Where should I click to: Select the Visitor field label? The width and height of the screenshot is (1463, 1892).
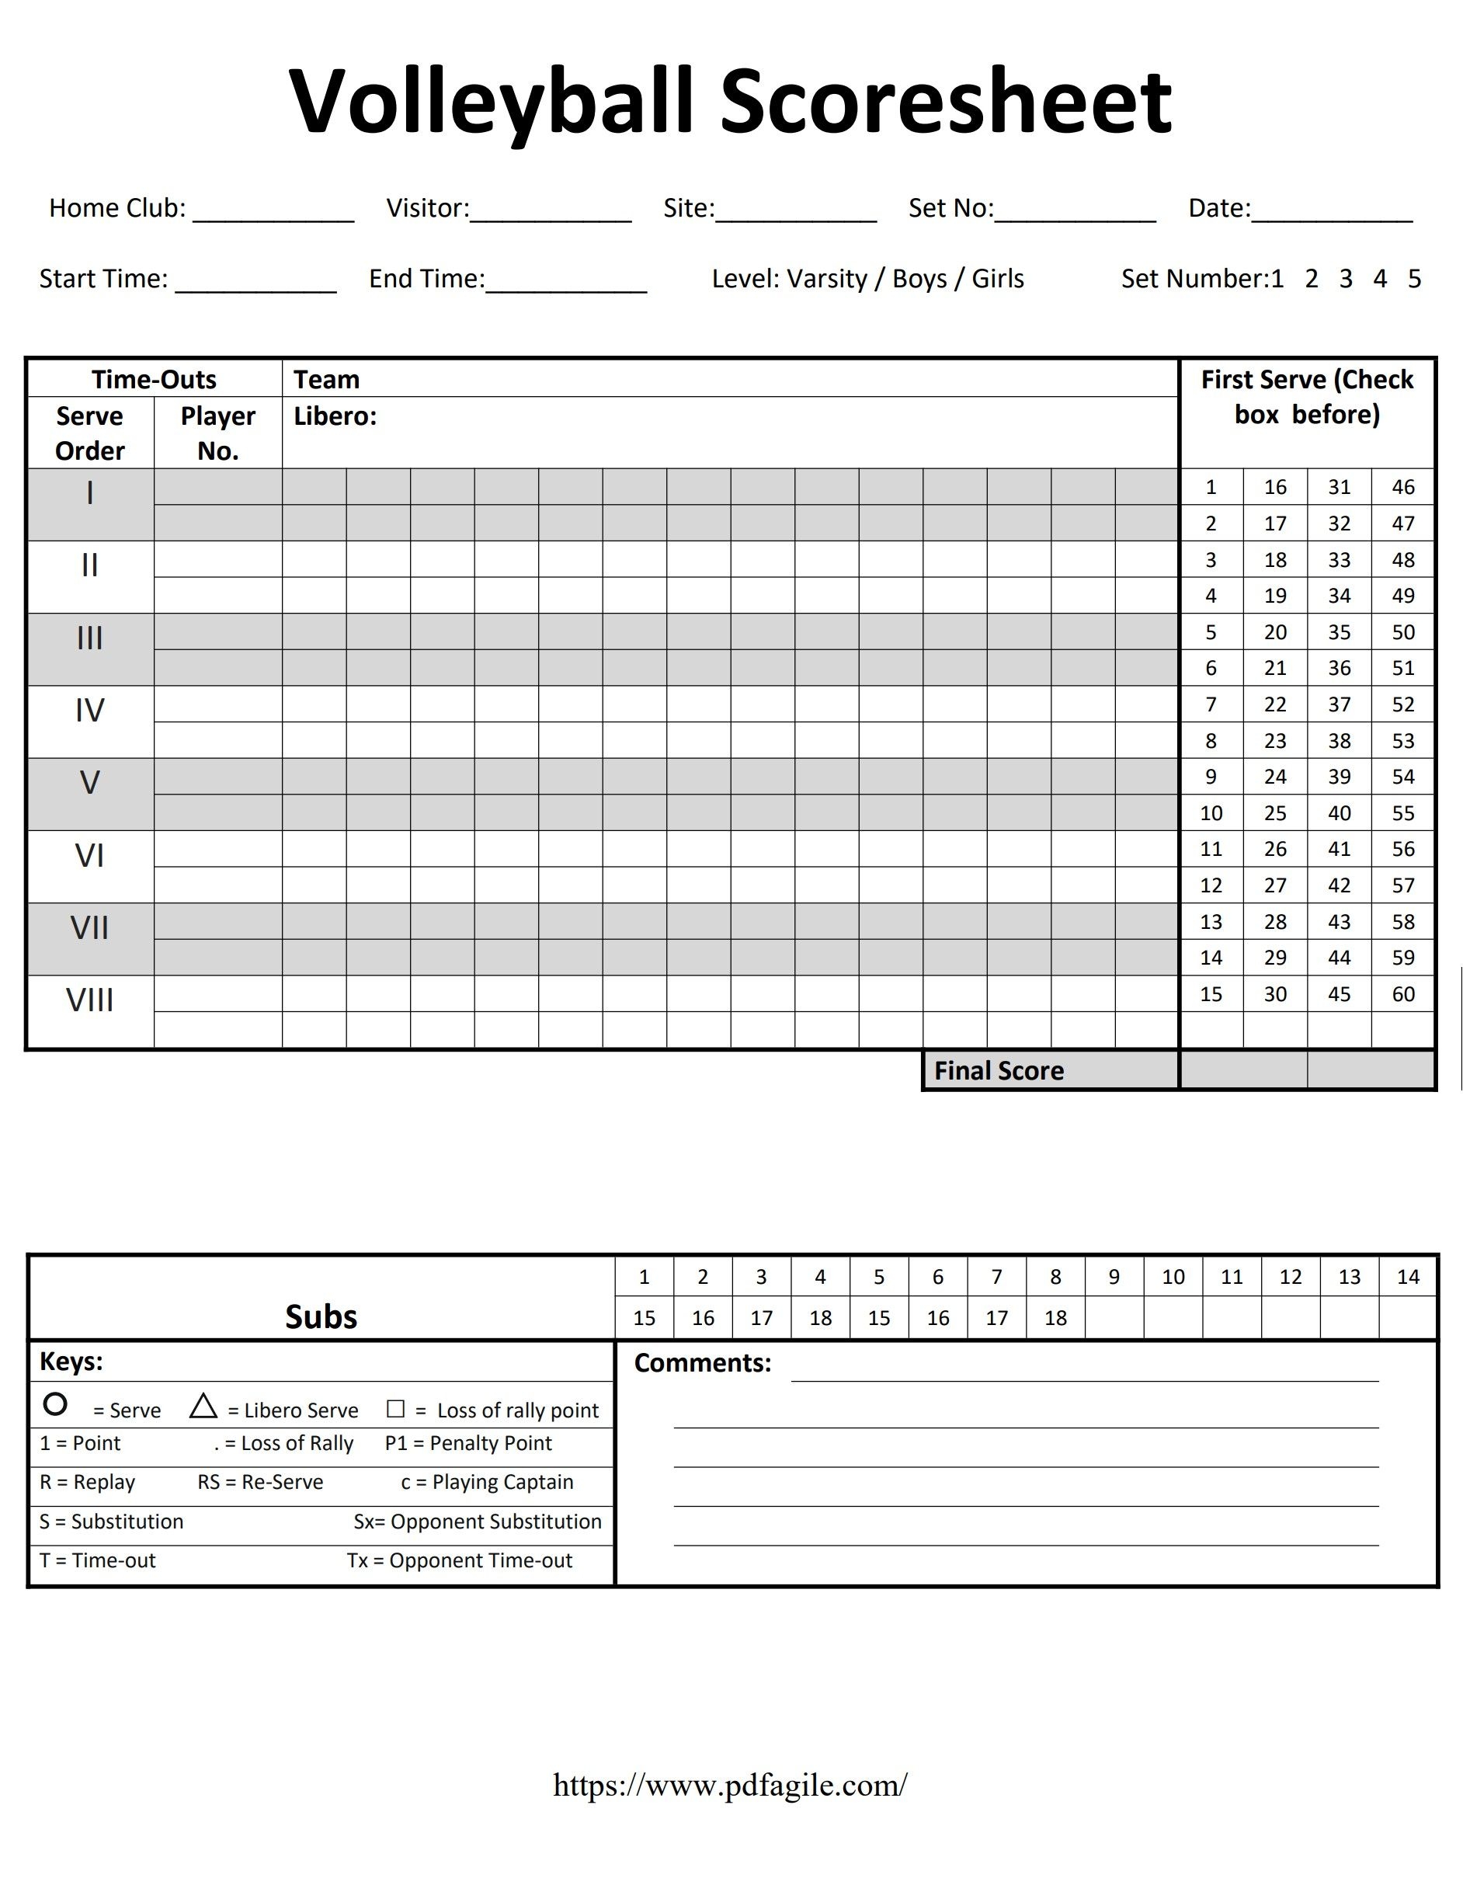pyautogui.click(x=427, y=208)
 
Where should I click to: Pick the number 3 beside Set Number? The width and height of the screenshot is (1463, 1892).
pyautogui.click(x=1345, y=279)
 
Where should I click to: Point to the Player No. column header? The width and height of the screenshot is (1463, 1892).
pyautogui.click(x=217, y=433)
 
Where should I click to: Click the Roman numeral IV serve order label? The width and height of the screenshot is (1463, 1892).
pyautogui.click(x=89, y=711)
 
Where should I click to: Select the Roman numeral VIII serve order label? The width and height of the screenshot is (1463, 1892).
pyautogui.click(x=89, y=1000)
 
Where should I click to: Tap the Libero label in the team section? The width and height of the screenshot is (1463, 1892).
pyautogui.click(x=335, y=416)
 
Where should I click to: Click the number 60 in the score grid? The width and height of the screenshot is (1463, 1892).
pyautogui.click(x=1402, y=994)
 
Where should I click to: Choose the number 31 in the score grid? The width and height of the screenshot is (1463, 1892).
pyautogui.click(x=1339, y=488)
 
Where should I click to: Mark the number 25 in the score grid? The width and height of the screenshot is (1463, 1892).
pyautogui.click(x=1274, y=813)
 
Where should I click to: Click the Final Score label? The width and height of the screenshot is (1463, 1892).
pyautogui.click(x=998, y=1072)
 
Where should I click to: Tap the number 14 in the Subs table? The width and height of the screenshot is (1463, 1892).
pyautogui.click(x=1408, y=1277)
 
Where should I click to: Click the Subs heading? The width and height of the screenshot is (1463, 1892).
pyautogui.click(x=321, y=1316)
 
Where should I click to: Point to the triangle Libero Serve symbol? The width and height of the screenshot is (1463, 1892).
pyautogui.click(x=203, y=1407)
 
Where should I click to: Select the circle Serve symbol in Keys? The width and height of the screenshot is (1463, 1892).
pyautogui.click(x=54, y=1404)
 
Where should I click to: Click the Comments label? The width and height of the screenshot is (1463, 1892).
pyautogui.click(x=702, y=1364)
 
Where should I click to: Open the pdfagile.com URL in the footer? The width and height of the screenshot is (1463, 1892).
pyautogui.click(x=730, y=1785)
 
